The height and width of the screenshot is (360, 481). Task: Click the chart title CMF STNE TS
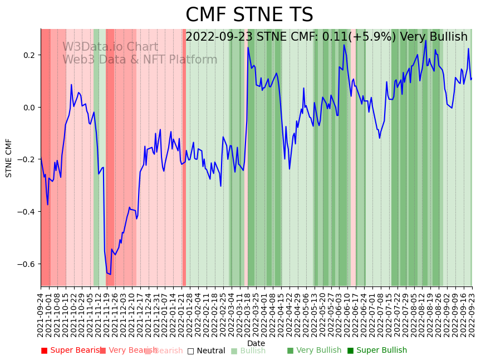pos(249,15)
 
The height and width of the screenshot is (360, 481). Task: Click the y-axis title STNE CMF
pos(9,158)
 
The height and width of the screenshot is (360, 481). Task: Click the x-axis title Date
pos(256,343)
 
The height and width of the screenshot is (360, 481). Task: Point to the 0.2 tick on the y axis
pos(28,55)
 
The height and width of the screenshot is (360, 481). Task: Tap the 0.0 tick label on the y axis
pos(28,108)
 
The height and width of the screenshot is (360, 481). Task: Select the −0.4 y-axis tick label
pos(26,212)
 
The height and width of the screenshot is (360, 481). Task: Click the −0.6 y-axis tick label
pos(26,264)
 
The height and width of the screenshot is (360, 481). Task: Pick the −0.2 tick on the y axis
pos(26,159)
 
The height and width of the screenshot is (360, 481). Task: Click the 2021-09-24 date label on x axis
pos(41,312)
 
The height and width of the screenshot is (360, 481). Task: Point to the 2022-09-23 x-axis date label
pos(472,312)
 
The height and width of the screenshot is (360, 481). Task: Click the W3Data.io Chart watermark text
pos(110,47)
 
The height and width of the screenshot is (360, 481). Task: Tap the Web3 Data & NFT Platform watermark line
pos(140,60)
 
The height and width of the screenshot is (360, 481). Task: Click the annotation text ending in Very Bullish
pos(326,37)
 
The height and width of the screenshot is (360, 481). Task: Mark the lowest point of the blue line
pos(110,274)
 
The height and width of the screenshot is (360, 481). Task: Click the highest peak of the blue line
pos(426,40)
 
